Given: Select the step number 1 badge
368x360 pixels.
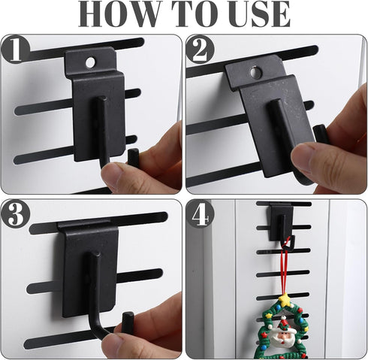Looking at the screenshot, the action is [x=16, y=50].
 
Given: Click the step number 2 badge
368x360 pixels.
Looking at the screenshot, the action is [x=200, y=50].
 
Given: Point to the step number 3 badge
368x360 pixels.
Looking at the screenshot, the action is [x=16, y=214].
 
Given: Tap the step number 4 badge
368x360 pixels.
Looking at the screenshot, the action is [x=200, y=214].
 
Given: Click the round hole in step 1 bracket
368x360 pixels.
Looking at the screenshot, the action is [x=90, y=62].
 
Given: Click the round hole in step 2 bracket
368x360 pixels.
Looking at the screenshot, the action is [x=256, y=73].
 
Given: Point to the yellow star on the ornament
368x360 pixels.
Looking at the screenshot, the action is [x=285, y=300].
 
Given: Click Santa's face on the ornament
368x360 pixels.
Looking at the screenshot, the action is [x=283, y=337].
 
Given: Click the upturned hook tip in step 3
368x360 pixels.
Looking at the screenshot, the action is [x=128, y=322].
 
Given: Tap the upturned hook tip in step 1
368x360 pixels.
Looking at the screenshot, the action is [x=133, y=157].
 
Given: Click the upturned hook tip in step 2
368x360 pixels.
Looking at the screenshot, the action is [x=321, y=134].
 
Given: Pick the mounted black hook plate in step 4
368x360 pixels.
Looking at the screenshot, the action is [x=281, y=222].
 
